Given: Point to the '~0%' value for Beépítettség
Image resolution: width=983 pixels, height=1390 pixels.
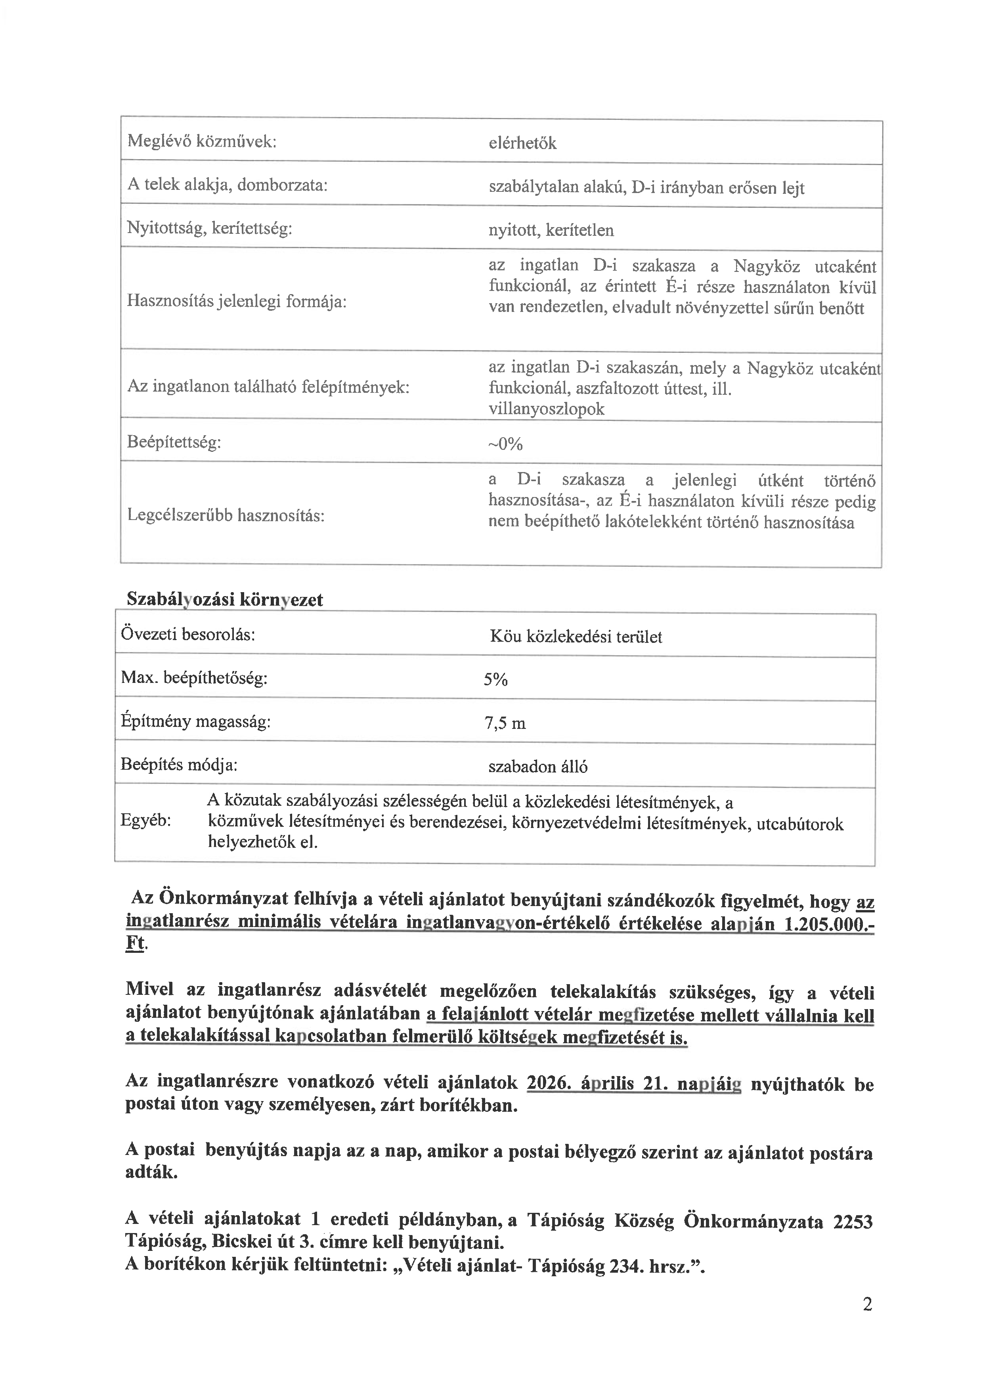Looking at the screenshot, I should [505, 444].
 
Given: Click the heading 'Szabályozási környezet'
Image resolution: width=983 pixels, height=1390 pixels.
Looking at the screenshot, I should [225, 599].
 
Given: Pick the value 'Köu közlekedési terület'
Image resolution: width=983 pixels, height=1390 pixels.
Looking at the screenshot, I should [576, 637].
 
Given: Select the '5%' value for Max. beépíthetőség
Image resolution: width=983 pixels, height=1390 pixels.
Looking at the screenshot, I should [495, 680].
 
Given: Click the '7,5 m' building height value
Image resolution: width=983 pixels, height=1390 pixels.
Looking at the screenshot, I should [505, 723].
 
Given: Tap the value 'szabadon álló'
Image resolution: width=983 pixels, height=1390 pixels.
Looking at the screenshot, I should [537, 767].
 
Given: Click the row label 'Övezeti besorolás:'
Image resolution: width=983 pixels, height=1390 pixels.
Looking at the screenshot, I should [187, 635].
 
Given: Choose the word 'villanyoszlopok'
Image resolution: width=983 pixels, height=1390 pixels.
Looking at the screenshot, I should [546, 409].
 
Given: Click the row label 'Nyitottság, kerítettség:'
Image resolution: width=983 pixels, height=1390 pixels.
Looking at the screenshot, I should [209, 228].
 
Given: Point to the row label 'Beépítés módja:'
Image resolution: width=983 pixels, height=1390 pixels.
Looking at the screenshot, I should [178, 765].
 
